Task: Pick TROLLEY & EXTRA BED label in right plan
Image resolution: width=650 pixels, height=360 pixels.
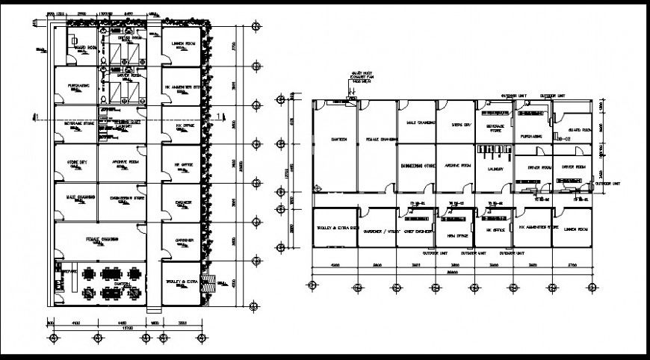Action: coord(335,227)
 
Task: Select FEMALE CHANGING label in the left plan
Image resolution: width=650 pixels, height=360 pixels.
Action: coord(105,239)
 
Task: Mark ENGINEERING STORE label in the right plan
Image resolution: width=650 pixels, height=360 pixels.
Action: coord(416,166)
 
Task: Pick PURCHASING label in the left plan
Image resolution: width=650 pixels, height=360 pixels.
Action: coord(74,85)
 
